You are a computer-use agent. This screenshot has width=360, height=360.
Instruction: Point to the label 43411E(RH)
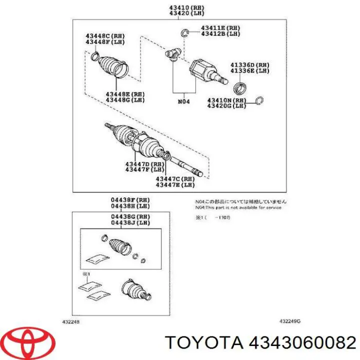[220, 27]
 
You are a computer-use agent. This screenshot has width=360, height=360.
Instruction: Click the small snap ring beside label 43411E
[184, 33]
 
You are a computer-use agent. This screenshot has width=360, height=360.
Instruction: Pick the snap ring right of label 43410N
[259, 102]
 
